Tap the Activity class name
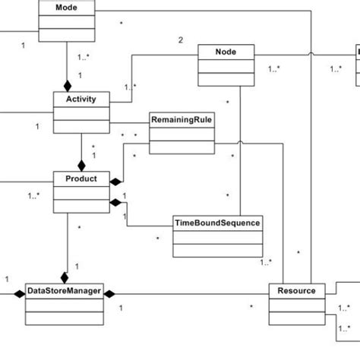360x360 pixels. (x=81, y=99)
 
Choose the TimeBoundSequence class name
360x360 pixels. (x=218, y=223)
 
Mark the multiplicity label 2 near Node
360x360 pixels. (x=180, y=39)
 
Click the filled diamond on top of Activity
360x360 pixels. (x=67, y=87)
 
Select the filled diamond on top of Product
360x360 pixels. (x=81, y=165)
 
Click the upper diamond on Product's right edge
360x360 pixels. (x=115, y=182)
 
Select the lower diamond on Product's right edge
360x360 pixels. (x=115, y=202)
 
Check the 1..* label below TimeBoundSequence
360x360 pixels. (x=266, y=263)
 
